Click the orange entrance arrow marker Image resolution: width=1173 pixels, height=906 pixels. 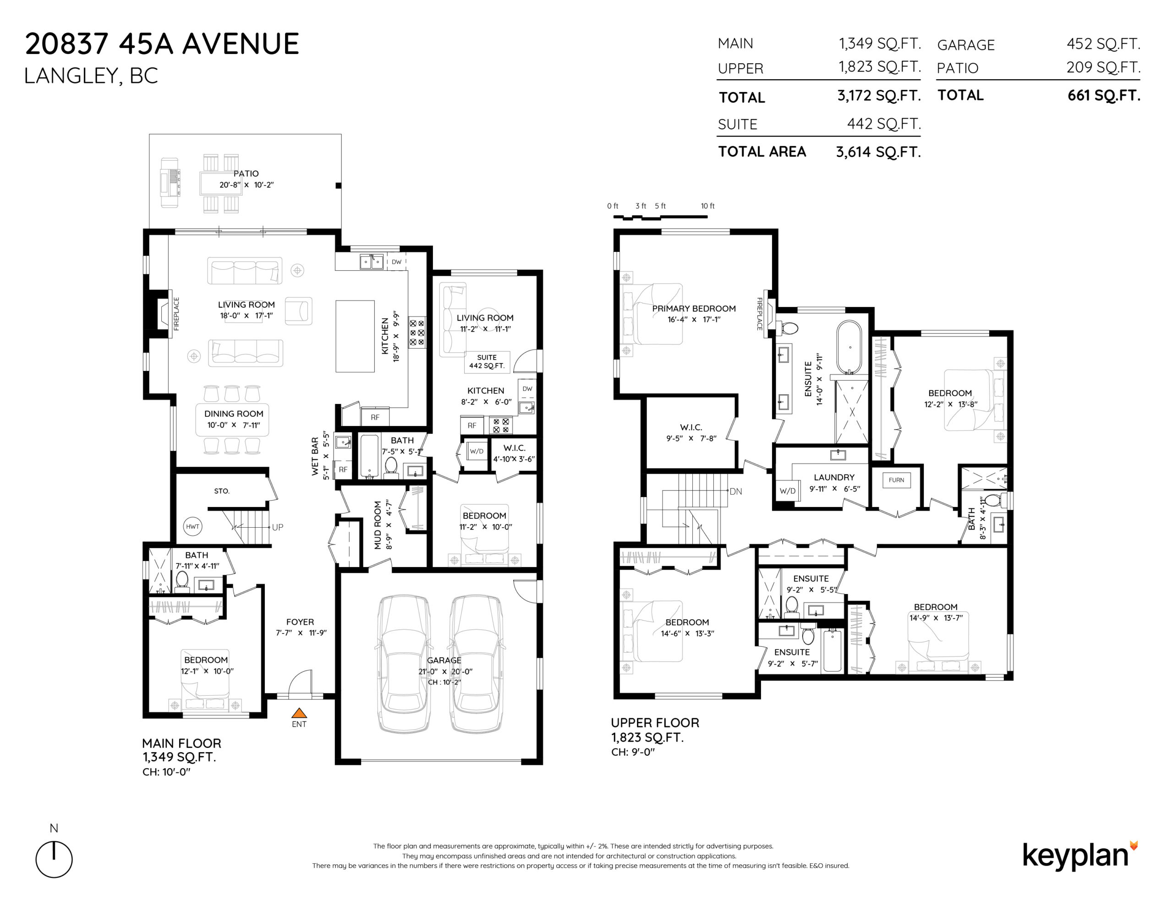click(299, 713)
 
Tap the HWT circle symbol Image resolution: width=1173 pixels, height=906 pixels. click(192, 526)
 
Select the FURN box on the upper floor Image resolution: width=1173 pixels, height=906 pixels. click(896, 480)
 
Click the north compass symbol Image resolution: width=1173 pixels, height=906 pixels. click(54, 859)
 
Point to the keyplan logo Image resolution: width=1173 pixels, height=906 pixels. click(1080, 856)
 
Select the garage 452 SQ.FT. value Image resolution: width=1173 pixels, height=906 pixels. click(1103, 44)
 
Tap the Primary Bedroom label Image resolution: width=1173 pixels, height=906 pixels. click(694, 308)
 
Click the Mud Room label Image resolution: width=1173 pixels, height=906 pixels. click(378, 525)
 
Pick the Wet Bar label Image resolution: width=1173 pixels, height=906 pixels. click(315, 456)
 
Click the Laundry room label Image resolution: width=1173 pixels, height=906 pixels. click(834, 477)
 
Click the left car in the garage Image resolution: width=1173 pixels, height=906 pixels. click(403, 663)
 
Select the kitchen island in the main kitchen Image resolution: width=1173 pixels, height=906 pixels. click(355, 336)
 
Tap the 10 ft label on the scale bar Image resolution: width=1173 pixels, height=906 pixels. click(707, 206)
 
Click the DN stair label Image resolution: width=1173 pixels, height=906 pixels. click(735, 491)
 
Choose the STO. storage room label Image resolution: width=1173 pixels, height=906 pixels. click(221, 491)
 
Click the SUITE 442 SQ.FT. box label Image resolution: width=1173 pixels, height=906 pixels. click(487, 361)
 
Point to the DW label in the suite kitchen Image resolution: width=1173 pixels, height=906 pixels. click(527, 389)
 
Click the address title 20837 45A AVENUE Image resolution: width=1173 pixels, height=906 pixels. click(162, 44)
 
